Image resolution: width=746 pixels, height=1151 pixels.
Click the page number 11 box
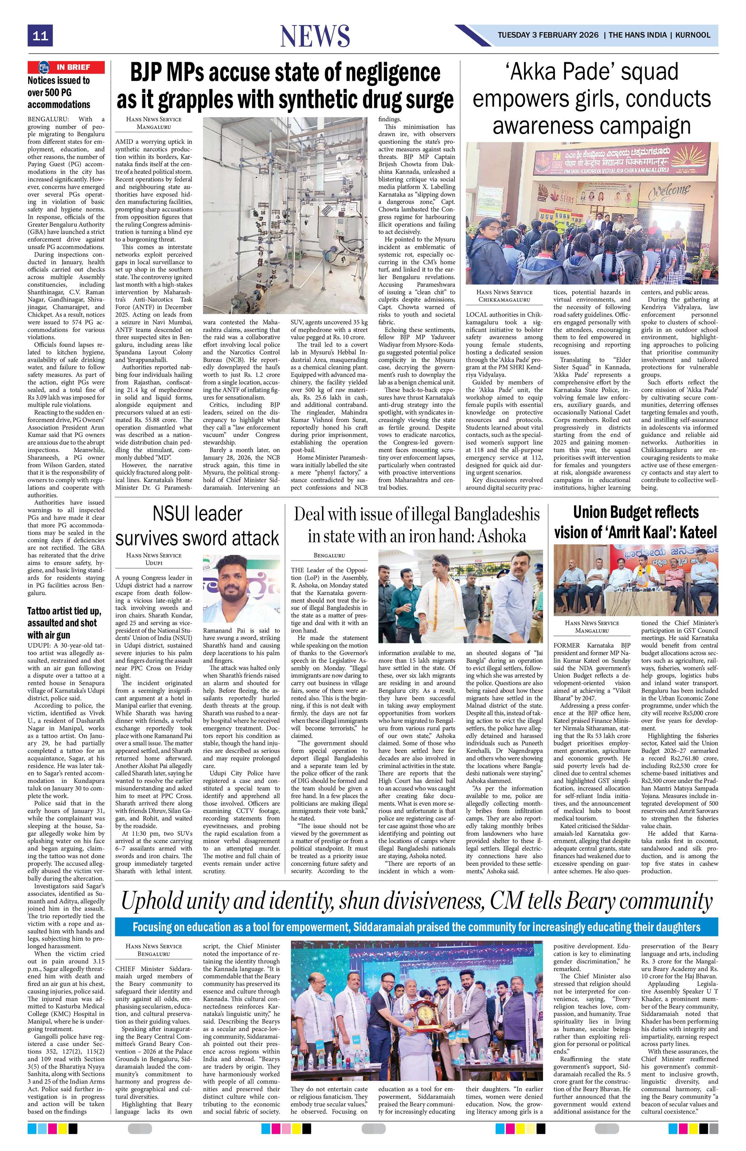point(40,36)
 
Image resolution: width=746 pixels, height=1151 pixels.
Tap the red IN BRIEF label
point(66,67)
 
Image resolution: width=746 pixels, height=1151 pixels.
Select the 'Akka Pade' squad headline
point(591,99)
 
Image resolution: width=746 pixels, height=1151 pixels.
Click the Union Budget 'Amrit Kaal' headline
point(635,522)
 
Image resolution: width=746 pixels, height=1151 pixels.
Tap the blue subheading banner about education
point(416,927)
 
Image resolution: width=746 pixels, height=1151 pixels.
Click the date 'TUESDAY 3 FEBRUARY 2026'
point(548,35)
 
